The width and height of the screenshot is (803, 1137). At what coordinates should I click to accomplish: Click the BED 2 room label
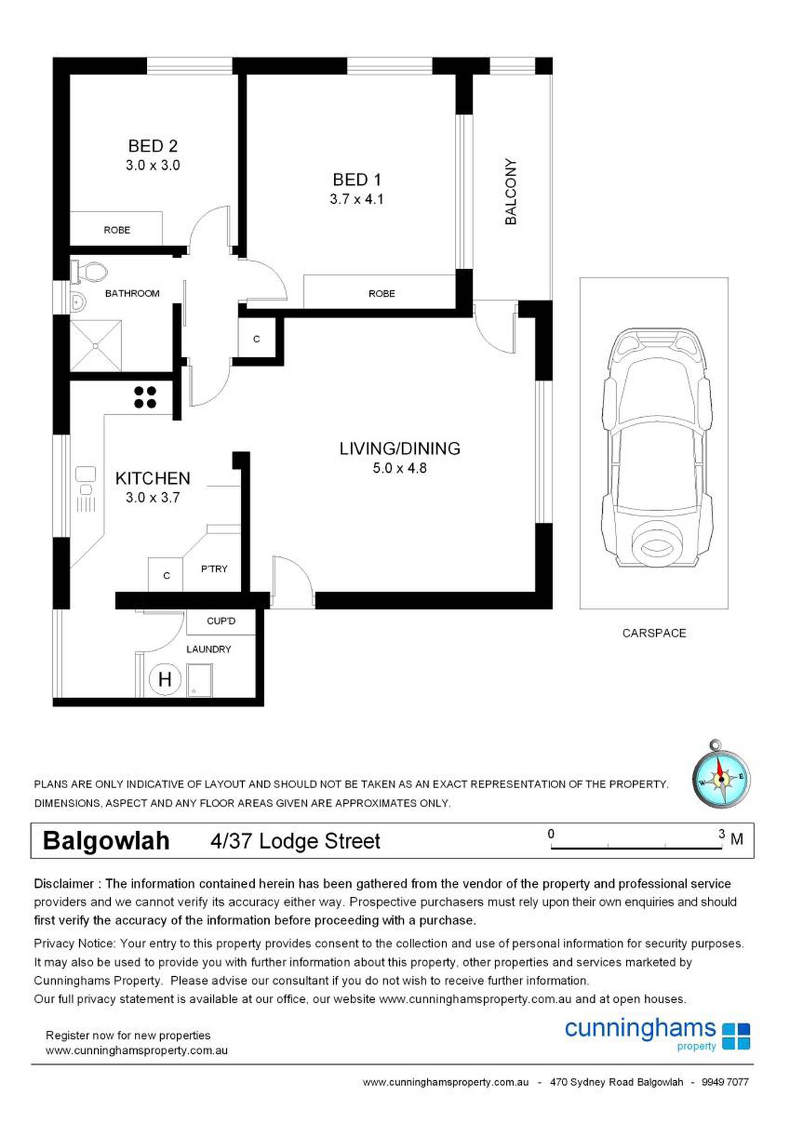click(153, 146)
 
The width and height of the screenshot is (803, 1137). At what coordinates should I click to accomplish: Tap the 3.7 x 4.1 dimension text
click(356, 199)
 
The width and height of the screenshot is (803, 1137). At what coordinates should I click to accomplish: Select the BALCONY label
click(510, 192)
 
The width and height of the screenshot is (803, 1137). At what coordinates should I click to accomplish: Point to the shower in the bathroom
click(96, 346)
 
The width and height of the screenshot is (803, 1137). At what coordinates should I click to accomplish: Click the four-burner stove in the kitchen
click(145, 397)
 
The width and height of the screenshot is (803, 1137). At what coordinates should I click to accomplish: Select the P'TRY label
click(214, 569)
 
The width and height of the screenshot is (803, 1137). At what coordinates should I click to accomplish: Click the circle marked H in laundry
click(165, 679)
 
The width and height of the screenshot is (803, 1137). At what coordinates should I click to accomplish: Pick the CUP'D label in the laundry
click(221, 621)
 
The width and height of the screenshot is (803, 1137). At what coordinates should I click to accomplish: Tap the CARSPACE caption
click(654, 633)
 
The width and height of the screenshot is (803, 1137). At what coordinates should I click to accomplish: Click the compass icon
click(721, 777)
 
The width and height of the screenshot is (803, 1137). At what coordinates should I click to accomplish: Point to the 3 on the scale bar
click(722, 834)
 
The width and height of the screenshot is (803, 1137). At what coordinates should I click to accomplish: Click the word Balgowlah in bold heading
click(106, 841)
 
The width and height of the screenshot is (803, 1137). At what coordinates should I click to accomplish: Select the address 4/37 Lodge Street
click(295, 842)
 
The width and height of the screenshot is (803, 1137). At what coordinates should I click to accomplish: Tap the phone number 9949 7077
click(725, 1083)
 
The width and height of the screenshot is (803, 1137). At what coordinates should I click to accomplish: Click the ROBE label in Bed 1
click(381, 294)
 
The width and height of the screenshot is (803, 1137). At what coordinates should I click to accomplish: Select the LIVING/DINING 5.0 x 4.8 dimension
click(400, 468)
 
